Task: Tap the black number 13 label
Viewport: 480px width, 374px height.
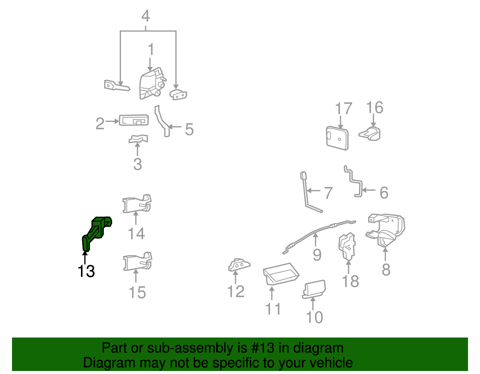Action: tap(86, 271)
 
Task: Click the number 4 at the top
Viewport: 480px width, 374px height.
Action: tap(145, 16)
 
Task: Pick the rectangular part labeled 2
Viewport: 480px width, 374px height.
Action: tap(133, 120)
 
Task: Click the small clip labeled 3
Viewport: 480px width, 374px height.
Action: tap(138, 139)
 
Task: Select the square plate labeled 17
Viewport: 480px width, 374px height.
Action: tap(337, 138)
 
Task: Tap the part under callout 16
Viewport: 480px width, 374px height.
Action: tap(370, 134)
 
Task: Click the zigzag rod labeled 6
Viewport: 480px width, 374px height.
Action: tap(353, 181)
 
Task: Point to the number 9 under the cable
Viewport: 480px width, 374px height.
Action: tap(317, 255)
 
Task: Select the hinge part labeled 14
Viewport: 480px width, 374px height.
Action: tap(137, 203)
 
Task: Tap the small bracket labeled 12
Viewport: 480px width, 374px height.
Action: tap(239, 265)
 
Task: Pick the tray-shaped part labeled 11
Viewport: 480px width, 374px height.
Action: tap(281, 274)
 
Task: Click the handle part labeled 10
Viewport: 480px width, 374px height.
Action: tap(314, 289)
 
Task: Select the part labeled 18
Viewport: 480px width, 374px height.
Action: tap(347, 246)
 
